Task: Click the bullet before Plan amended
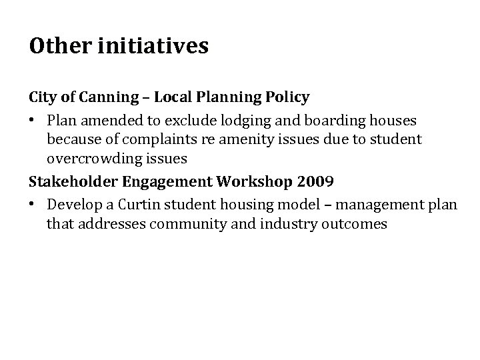(33, 121)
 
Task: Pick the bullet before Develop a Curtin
(33, 205)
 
